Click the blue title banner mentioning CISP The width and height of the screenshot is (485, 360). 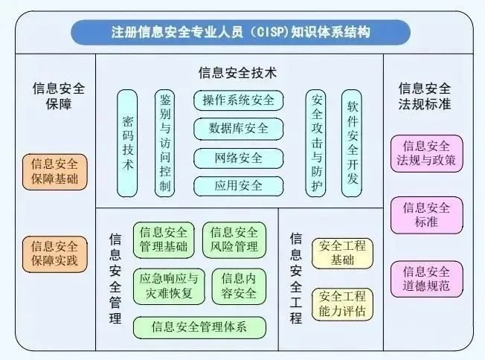pyautogui.click(x=241, y=32)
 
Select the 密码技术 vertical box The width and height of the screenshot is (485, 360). pyautogui.click(x=127, y=144)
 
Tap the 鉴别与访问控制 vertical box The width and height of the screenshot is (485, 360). pyautogui.click(x=165, y=144)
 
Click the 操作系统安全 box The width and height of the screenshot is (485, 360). pyautogui.click(x=239, y=100)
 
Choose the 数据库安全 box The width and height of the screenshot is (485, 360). pyautogui.click(x=239, y=129)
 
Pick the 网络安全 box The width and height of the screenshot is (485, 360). pyautogui.click(x=239, y=158)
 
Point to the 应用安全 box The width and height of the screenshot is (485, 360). pyautogui.click(x=239, y=186)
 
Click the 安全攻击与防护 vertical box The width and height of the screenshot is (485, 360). pyautogui.click(x=316, y=144)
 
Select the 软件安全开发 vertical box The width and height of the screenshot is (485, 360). pyautogui.click(x=352, y=144)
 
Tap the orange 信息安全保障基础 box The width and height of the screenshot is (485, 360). pyautogui.click(x=55, y=172)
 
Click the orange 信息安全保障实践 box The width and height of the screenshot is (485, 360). pyautogui.click(x=55, y=254)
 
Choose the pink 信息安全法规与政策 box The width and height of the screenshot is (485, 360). pyautogui.click(x=427, y=153)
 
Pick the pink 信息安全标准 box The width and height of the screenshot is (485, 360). pyautogui.click(x=427, y=215)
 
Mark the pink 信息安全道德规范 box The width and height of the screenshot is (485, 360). pyautogui.click(x=427, y=279)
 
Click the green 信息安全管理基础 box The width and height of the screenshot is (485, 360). pyautogui.click(x=164, y=240)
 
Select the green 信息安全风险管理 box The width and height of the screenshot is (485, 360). pyautogui.click(x=234, y=240)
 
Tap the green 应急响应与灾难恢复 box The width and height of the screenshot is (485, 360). pyautogui.click(x=169, y=286)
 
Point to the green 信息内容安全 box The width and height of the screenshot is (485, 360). pyautogui.click(x=239, y=286)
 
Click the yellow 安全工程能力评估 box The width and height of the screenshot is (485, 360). pyautogui.click(x=342, y=304)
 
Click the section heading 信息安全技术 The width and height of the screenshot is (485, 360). pyautogui.click(x=237, y=73)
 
